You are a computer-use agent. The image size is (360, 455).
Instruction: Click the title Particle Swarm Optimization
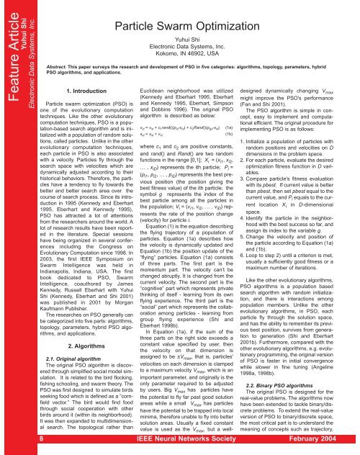(197, 11)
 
